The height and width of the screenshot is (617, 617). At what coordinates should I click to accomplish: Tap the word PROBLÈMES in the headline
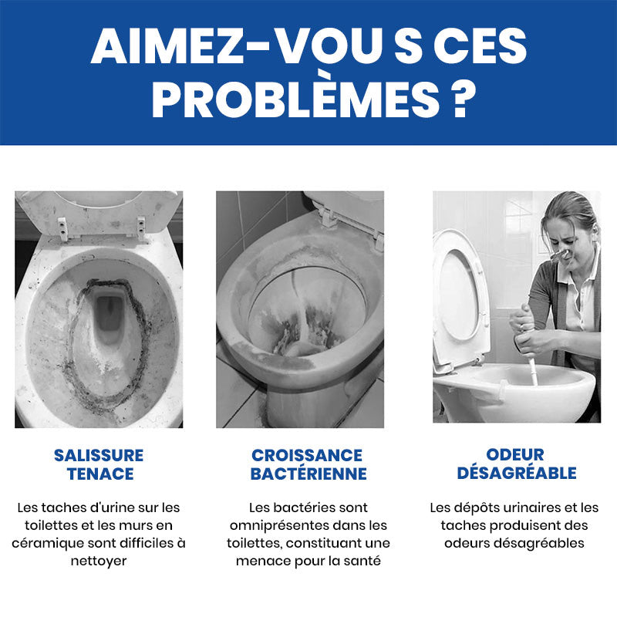(295, 99)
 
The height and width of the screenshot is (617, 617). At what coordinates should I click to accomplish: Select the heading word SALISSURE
(99, 455)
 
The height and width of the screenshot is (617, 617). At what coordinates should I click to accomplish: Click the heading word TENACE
(100, 474)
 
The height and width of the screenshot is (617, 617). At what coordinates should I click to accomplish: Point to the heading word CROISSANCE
(307, 455)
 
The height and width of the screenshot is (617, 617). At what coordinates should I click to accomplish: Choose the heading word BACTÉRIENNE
(308, 474)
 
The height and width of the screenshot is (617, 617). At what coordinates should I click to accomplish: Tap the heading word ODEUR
(515, 454)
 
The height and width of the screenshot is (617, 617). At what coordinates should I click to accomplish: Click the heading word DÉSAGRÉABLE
(517, 473)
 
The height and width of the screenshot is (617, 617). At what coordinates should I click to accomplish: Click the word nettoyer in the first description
(99, 561)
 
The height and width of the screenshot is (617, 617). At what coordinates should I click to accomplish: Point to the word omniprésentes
(280, 526)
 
